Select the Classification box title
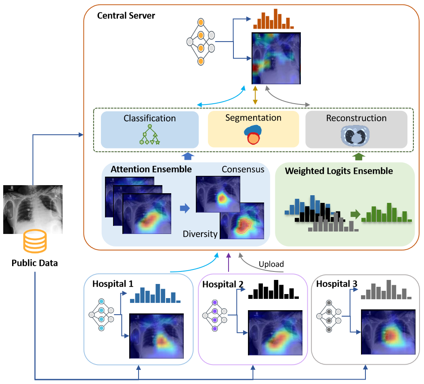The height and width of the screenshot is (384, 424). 149,119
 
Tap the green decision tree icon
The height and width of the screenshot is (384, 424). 149,135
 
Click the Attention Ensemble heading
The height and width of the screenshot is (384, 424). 151,169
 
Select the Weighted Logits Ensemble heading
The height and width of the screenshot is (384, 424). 339,171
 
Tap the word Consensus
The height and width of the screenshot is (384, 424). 243,169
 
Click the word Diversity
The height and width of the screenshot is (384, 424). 200,234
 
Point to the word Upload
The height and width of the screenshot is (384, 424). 271,264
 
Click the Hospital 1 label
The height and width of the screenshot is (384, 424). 113,284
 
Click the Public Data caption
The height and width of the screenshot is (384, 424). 34,263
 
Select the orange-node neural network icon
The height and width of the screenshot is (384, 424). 200,42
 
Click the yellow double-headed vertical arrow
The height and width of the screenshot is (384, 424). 255,96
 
